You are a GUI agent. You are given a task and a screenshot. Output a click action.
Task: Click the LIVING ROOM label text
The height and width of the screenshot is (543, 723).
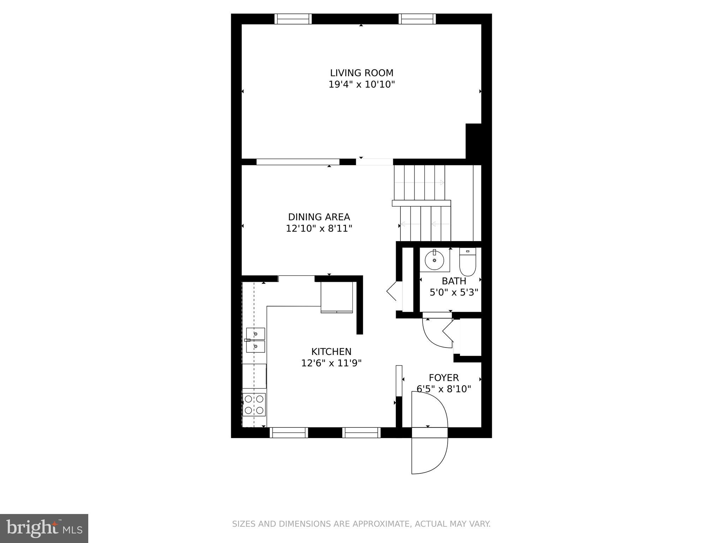(361, 73)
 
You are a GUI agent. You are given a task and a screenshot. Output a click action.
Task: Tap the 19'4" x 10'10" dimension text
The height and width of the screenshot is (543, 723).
(361, 84)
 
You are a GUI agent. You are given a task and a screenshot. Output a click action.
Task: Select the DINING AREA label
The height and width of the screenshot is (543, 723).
(319, 217)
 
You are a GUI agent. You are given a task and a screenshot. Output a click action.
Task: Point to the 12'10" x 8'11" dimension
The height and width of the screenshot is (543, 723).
(319, 228)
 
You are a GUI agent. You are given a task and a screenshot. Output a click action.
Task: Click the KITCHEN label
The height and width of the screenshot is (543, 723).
(331, 351)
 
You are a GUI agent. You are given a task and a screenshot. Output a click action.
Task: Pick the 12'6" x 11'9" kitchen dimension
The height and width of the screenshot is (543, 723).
(331, 363)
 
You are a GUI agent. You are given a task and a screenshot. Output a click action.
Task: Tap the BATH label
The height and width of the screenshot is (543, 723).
(454, 281)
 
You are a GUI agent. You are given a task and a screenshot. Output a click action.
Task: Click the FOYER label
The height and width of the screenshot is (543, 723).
(444, 378)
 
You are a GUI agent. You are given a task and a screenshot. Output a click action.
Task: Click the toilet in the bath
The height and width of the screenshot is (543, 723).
(468, 262)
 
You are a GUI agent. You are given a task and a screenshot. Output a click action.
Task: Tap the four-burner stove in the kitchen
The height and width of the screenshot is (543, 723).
(254, 404)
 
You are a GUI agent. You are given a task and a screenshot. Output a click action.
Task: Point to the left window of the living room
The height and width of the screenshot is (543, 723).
(293, 19)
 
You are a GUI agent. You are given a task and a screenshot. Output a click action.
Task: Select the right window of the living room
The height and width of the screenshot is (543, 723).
(417, 19)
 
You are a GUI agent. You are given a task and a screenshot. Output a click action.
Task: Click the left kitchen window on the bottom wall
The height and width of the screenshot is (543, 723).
(289, 432)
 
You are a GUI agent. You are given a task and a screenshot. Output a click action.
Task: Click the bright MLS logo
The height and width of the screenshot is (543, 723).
(44, 528)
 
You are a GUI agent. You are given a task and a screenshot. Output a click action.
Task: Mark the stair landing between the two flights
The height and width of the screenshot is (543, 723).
(421, 203)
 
